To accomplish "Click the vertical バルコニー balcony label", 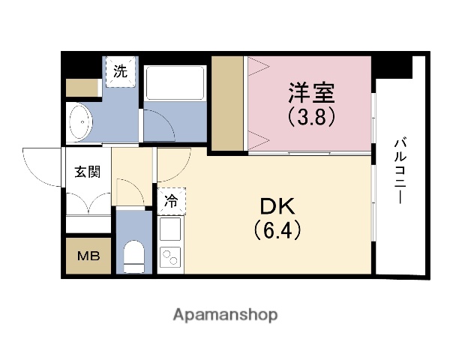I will (400, 171).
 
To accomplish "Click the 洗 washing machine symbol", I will (120, 73).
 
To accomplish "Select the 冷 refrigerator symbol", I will (171, 200).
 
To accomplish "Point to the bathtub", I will (175, 82).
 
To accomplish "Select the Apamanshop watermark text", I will (225, 314).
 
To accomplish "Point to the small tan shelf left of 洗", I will (82, 88).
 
